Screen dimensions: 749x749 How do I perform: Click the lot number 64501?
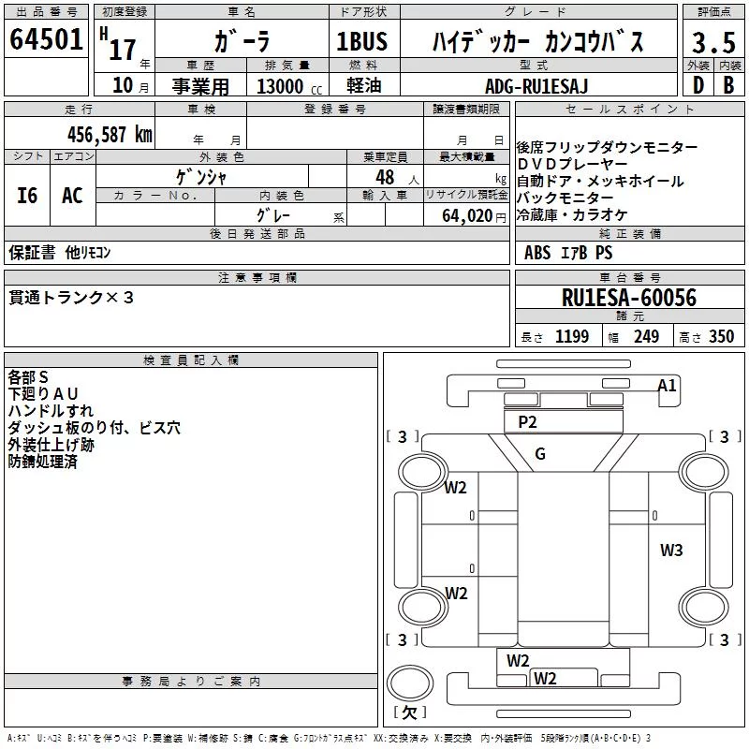click(46, 38)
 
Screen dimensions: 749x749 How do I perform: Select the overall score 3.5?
click(713, 42)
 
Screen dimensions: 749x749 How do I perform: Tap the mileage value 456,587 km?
click(110, 134)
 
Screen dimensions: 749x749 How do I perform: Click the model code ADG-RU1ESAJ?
click(536, 86)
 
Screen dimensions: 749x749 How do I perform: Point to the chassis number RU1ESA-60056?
click(629, 298)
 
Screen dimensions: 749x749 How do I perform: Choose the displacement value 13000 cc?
click(289, 86)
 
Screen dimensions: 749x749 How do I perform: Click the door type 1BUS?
click(362, 41)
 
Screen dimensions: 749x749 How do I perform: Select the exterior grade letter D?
click(698, 85)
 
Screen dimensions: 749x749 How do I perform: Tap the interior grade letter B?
click(729, 85)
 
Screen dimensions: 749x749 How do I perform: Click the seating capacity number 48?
click(385, 177)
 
